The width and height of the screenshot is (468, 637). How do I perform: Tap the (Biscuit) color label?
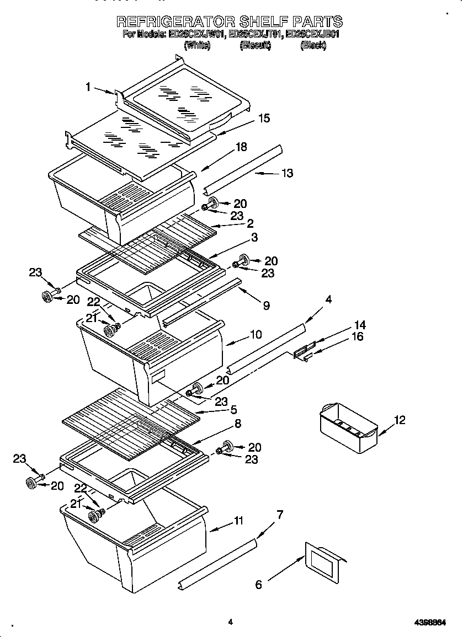[x=256, y=46]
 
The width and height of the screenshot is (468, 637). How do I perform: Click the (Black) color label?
[x=313, y=46]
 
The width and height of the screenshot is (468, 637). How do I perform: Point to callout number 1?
[x=88, y=86]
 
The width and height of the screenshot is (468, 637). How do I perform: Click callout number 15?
[x=264, y=118]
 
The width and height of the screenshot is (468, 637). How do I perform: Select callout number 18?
[x=241, y=147]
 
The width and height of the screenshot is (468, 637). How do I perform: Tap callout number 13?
[x=287, y=173]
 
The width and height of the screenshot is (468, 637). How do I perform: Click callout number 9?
[x=266, y=306]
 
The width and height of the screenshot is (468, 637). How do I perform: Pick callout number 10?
[x=256, y=335]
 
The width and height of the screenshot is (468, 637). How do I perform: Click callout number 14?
[x=360, y=325]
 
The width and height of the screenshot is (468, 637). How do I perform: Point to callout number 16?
[x=358, y=336]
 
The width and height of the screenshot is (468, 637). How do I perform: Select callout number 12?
[x=400, y=420]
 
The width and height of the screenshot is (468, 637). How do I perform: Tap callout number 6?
[x=259, y=585]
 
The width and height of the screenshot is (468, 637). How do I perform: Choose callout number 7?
[x=280, y=516]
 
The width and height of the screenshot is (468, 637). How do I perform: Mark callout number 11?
[x=238, y=521]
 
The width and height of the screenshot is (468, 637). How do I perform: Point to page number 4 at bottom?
[x=230, y=622]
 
